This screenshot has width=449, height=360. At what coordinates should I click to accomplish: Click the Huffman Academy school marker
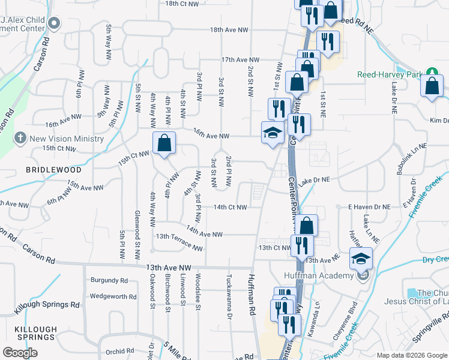click(361, 259)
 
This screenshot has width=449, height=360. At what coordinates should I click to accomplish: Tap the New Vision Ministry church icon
click(20, 138)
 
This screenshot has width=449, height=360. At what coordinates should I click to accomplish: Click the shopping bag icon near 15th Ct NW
click(164, 145)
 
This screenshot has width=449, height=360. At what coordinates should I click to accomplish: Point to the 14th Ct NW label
click(231, 208)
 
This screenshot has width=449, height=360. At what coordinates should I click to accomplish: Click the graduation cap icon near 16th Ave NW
click(273, 133)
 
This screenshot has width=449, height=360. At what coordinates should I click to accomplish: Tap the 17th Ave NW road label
click(240, 60)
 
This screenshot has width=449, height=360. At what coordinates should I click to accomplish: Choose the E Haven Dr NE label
click(370, 206)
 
